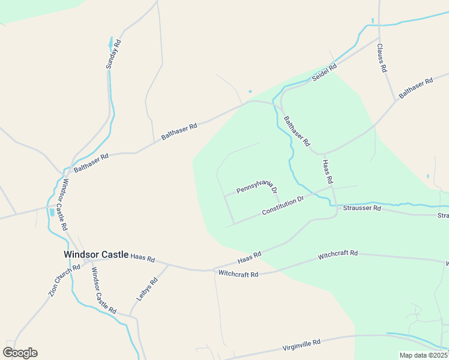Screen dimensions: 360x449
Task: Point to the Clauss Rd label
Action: coord(382,58)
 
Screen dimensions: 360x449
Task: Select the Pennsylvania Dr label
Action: coord(257,187)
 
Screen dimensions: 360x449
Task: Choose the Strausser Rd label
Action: coord(362,208)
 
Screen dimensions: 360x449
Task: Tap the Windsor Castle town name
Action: coord(96,254)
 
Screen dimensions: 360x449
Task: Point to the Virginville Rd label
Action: coord(301,345)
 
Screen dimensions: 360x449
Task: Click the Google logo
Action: coord(20,353)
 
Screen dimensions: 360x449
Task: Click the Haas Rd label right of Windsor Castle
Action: coord(143,258)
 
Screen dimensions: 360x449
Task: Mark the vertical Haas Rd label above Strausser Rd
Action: coord(328,172)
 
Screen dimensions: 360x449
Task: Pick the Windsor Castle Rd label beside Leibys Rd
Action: coord(103,290)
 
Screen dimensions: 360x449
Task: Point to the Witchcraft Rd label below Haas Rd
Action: coord(238,274)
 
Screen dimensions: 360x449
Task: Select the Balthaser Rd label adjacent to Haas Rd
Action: coord(297,131)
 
